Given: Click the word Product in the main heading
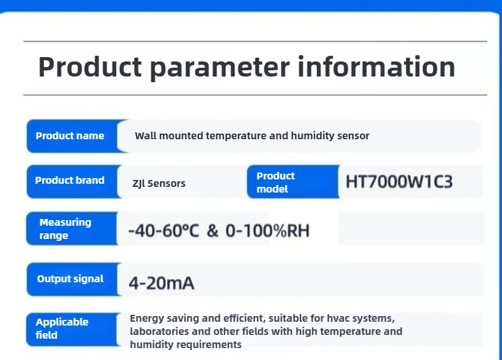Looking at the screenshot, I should (90, 66).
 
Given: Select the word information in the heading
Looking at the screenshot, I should (376, 66).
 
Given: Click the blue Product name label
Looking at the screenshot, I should (70, 135).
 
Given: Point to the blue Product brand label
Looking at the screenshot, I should (70, 181).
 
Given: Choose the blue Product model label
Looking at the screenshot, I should (276, 182).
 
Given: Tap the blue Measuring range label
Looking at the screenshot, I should (65, 229).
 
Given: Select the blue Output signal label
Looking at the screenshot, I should (70, 278).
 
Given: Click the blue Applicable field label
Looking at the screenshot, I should (62, 328).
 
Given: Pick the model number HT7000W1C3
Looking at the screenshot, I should (399, 183).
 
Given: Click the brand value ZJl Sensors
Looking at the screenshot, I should (159, 184).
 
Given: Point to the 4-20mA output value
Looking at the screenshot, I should (161, 283).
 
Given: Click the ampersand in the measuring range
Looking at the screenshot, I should (213, 231).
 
